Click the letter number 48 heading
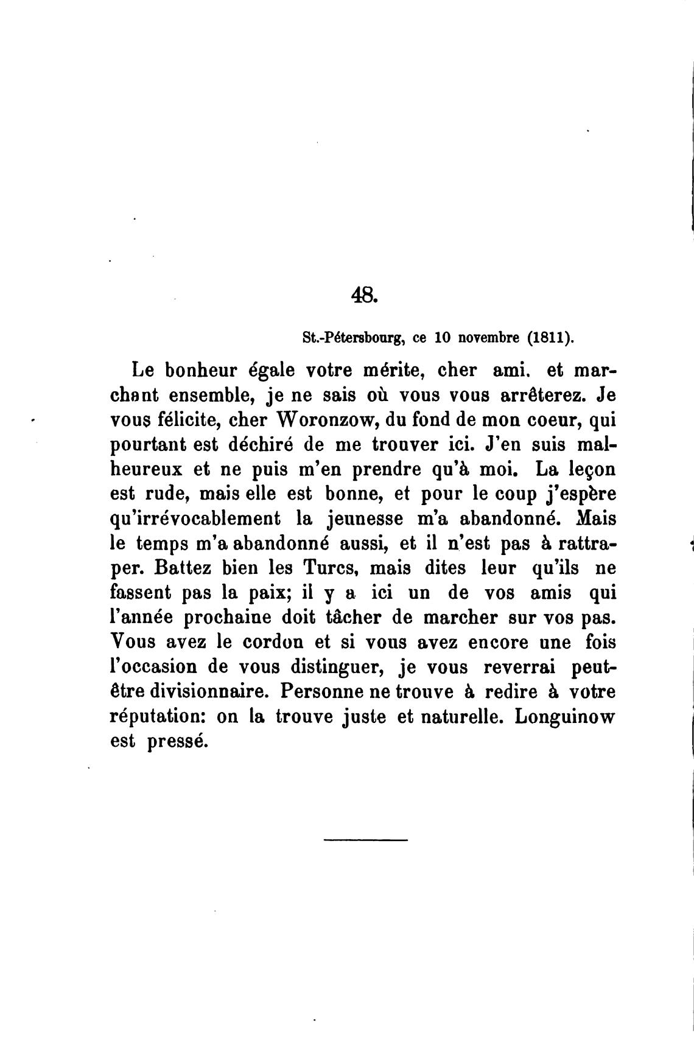coord(365,295)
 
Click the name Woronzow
coord(329,420)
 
